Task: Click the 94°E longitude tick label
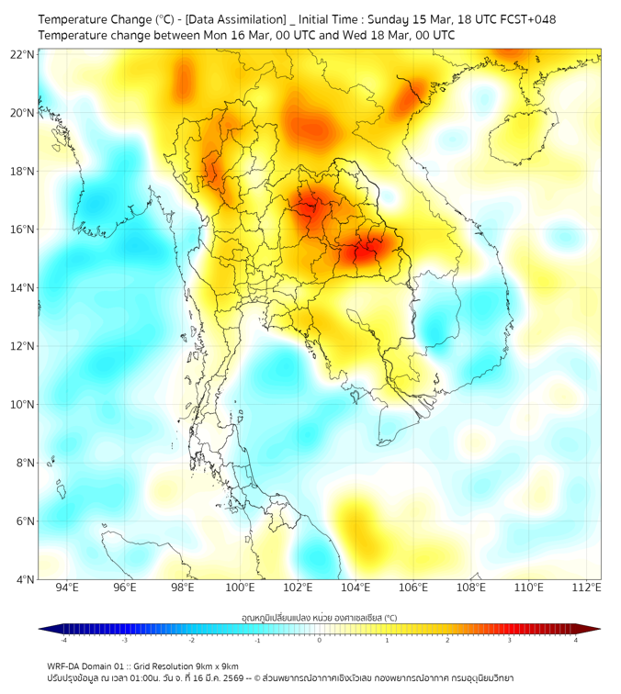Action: point(67,588)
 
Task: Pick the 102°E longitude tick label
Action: point(299,588)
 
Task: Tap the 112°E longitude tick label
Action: point(587,588)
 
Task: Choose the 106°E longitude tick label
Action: point(414,588)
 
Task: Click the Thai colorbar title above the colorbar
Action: point(319,618)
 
